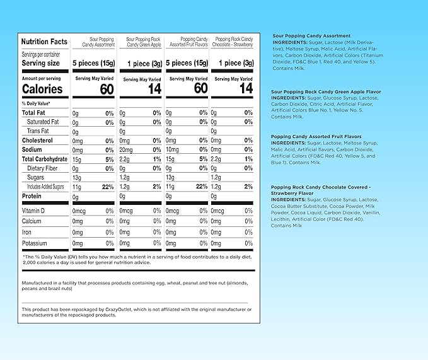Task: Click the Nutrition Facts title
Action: (44, 42)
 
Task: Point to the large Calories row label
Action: (43, 89)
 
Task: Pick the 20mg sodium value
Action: (126, 149)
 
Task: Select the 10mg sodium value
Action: (172, 149)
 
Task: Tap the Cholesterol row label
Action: (37, 140)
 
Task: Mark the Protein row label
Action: (33, 197)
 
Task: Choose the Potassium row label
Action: (35, 243)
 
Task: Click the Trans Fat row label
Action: (38, 131)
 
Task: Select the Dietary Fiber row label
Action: (42, 168)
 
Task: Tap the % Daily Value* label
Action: (36, 103)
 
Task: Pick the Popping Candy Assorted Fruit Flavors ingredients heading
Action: (316, 136)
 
